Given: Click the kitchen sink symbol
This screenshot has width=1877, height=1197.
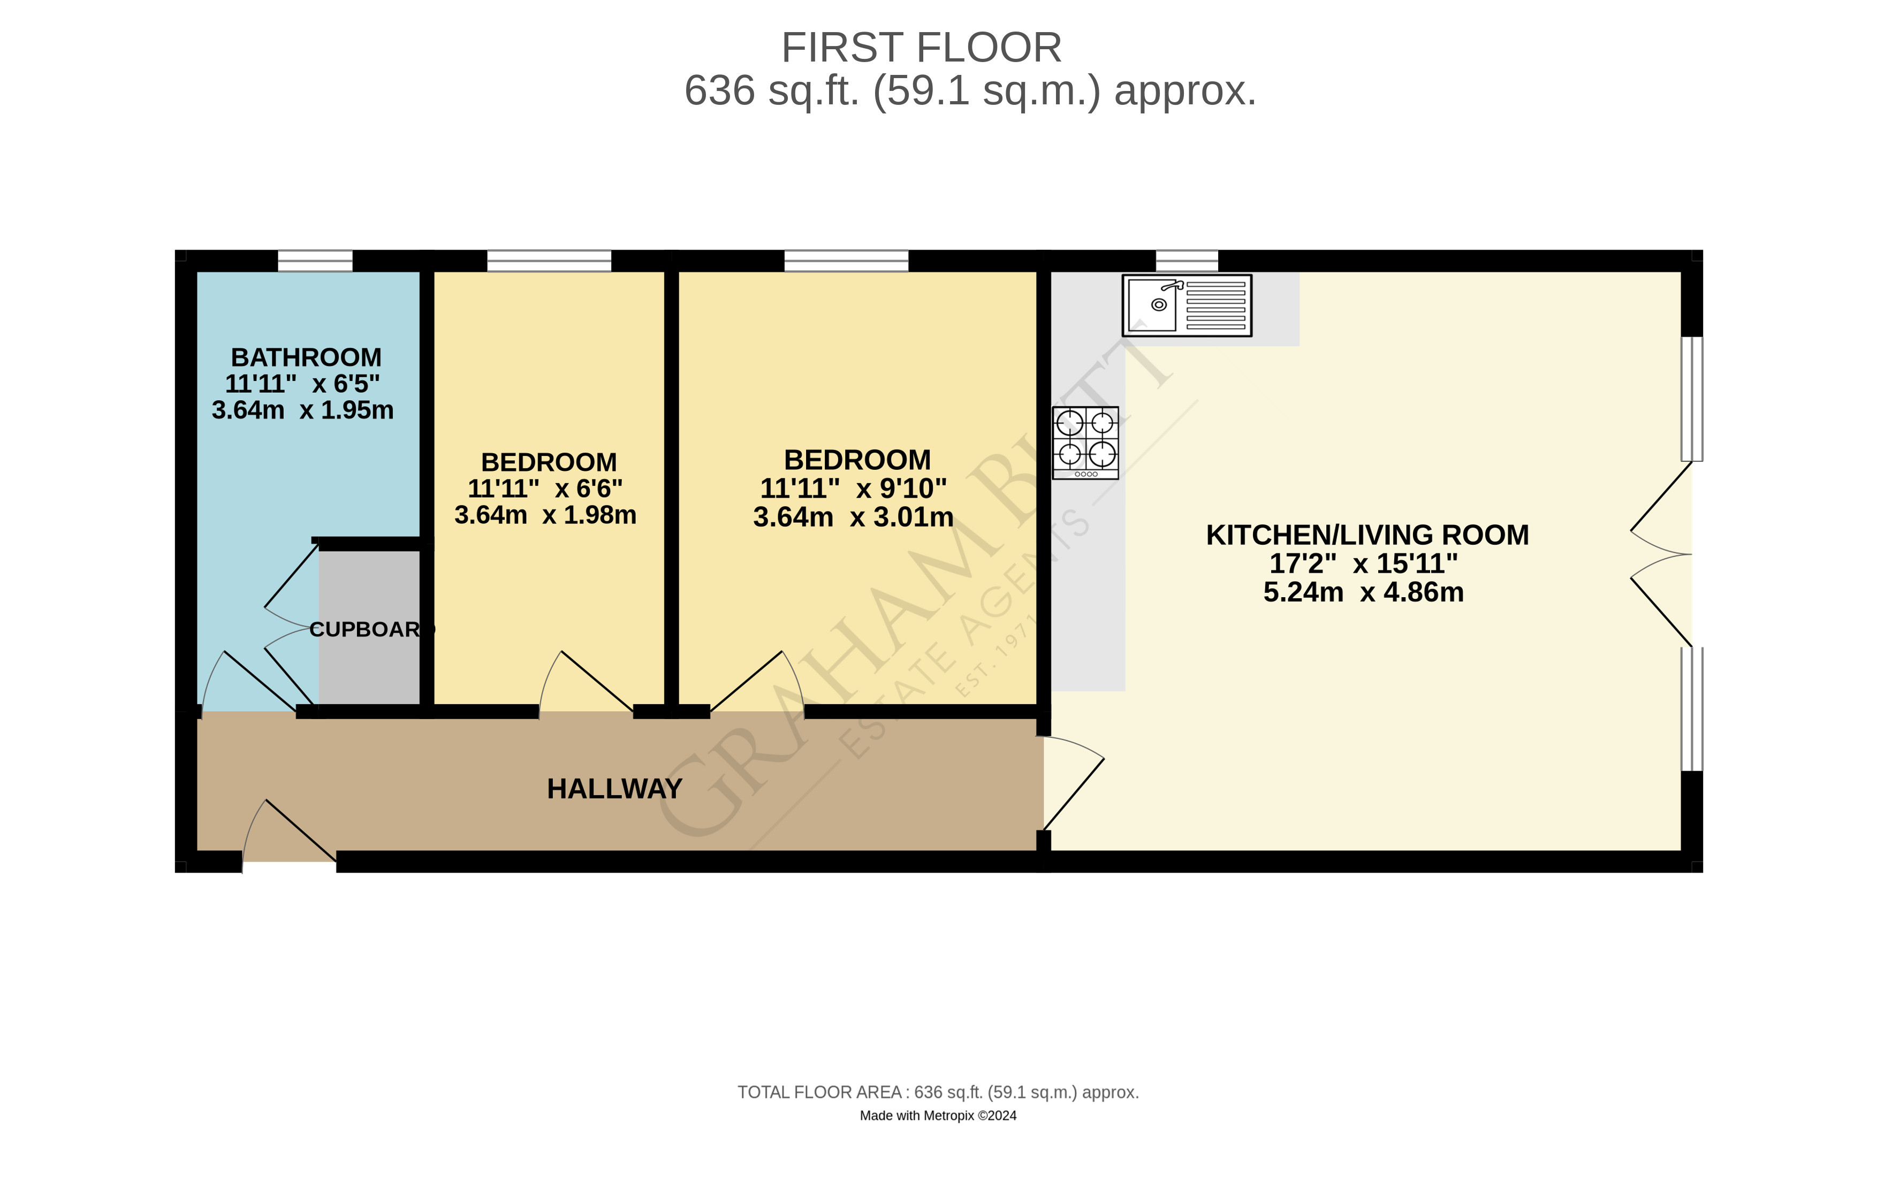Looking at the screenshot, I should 1187,306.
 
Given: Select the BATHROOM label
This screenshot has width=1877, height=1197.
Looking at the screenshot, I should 306,357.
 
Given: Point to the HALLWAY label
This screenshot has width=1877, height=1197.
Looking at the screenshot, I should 614,789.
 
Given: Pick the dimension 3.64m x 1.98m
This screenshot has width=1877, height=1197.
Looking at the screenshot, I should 545,515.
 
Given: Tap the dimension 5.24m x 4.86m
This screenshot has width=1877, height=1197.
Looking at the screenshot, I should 1363,592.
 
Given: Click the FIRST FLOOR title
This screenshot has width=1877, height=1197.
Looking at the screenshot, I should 921,48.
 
